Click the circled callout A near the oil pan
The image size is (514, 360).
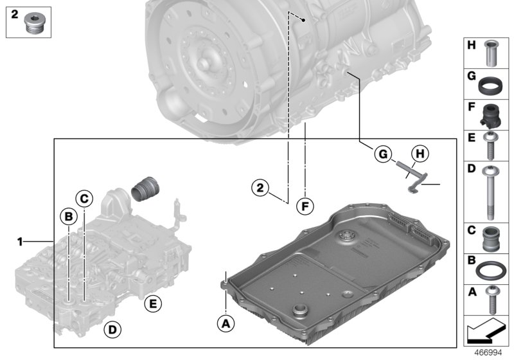click(225, 323)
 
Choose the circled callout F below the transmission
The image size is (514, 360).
click(306, 206)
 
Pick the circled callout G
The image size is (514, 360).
click(382, 154)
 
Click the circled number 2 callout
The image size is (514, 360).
click(259, 188)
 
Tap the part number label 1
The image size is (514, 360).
click(20, 242)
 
